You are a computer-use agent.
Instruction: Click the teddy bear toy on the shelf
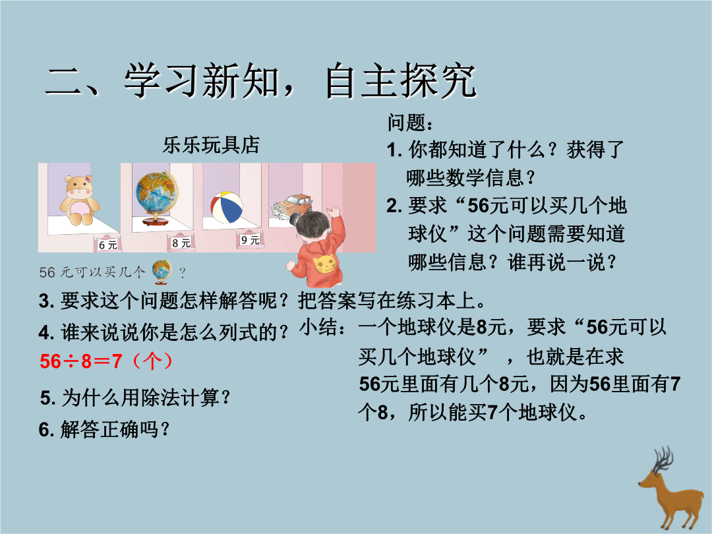tap(80, 200)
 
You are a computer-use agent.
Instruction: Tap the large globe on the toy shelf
tap(157, 198)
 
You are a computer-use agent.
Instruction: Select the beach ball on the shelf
tap(227, 207)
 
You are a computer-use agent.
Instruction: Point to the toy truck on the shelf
tap(291, 207)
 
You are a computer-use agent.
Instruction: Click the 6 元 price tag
tap(107, 245)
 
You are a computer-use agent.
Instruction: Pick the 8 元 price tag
tap(181, 243)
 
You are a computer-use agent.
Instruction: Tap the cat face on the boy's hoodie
tap(325, 264)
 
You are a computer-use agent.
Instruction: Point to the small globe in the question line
tap(162, 272)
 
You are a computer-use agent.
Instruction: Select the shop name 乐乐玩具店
tap(211, 145)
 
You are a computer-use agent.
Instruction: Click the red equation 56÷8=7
tap(81, 361)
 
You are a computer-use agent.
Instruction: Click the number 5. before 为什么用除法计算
tap(47, 398)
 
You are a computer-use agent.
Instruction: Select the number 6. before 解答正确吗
tap(47, 430)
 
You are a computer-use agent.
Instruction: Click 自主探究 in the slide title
tap(401, 81)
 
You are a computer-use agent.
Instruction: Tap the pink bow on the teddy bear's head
tap(88, 180)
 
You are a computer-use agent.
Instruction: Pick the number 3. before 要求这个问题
tap(47, 301)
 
